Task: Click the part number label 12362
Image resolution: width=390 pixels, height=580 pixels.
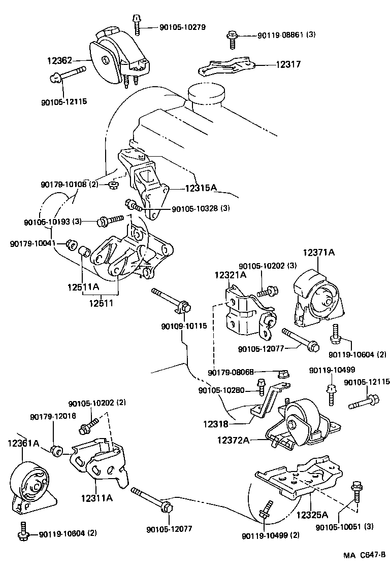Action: click(60, 60)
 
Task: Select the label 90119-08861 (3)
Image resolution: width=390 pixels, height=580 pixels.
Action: click(286, 35)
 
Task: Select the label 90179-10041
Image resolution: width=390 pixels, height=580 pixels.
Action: click(32, 244)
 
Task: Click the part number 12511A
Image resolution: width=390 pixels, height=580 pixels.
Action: click(83, 287)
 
